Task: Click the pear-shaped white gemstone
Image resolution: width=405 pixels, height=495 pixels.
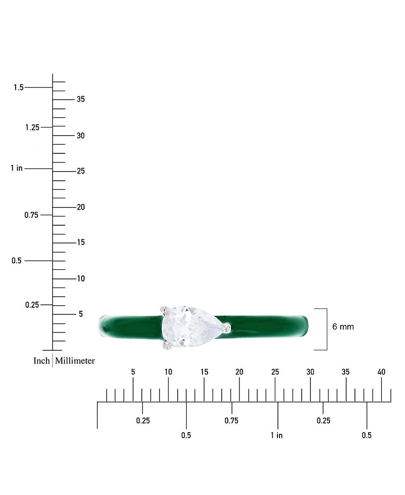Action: (190, 327)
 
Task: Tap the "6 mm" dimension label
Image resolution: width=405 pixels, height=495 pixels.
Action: (343, 327)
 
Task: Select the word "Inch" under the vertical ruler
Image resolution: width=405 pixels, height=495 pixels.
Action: (42, 361)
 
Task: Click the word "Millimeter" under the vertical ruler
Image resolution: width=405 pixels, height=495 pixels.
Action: (75, 361)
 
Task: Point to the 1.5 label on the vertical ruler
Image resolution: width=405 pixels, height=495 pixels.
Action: (19, 87)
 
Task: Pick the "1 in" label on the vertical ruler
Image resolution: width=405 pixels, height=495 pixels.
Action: (17, 168)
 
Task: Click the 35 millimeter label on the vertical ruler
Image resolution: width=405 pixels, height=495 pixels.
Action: (81, 99)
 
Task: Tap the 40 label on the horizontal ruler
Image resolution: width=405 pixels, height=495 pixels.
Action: (381, 372)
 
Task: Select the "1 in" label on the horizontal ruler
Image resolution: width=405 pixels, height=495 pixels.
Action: (276, 435)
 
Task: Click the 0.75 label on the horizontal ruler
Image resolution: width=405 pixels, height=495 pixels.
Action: (231, 421)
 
